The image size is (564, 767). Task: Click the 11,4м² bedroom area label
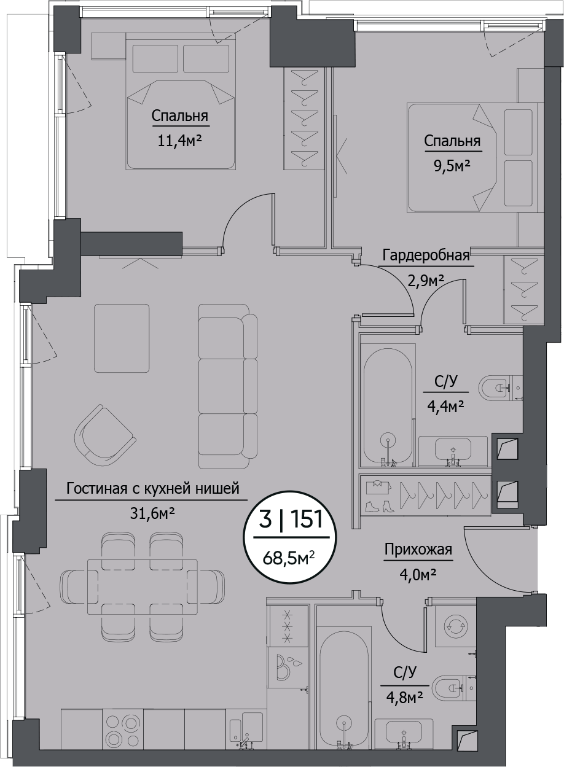179,141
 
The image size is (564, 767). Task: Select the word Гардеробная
426,255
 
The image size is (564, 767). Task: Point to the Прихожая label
418,549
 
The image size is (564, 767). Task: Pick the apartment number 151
307,519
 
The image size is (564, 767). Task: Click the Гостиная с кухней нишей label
152,488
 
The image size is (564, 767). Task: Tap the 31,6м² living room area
152,513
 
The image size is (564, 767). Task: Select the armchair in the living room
105,435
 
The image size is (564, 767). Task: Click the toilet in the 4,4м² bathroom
496,387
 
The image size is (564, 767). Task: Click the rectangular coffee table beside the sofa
122,338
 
